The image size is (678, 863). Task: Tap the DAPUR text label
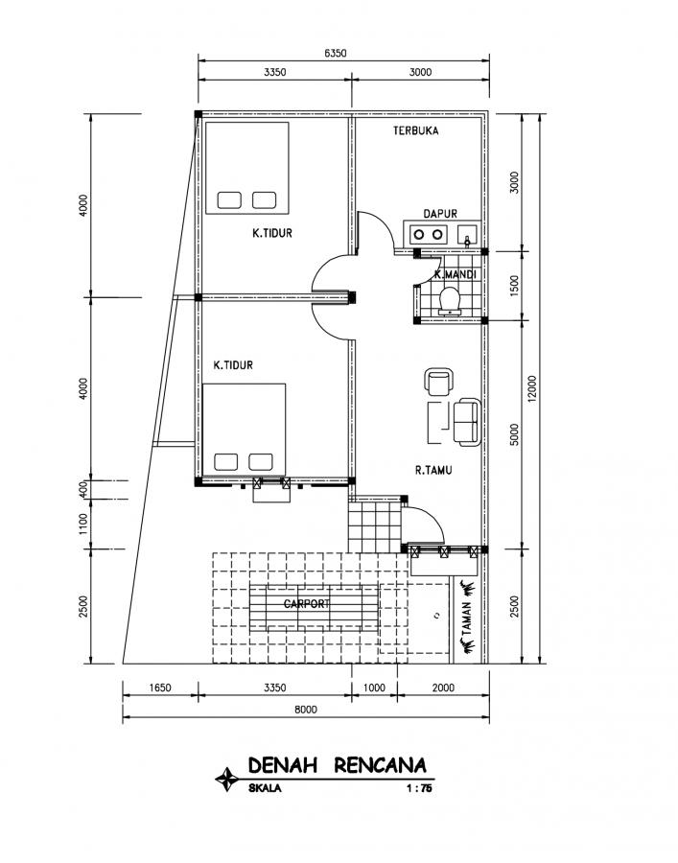pos(439,214)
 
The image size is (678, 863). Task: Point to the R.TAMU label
pos(433,470)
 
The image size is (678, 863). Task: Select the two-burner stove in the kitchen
pos(427,233)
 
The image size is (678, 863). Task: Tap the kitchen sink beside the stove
pos(467,234)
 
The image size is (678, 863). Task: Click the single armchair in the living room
pos(437,383)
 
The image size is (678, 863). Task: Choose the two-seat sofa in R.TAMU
pos(467,421)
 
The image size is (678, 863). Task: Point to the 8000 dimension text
pos(306,709)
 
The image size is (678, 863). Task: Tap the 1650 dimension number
pos(160,688)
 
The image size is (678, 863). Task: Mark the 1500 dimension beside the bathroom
pos(514,285)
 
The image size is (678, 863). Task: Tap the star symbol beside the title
pos(226,779)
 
